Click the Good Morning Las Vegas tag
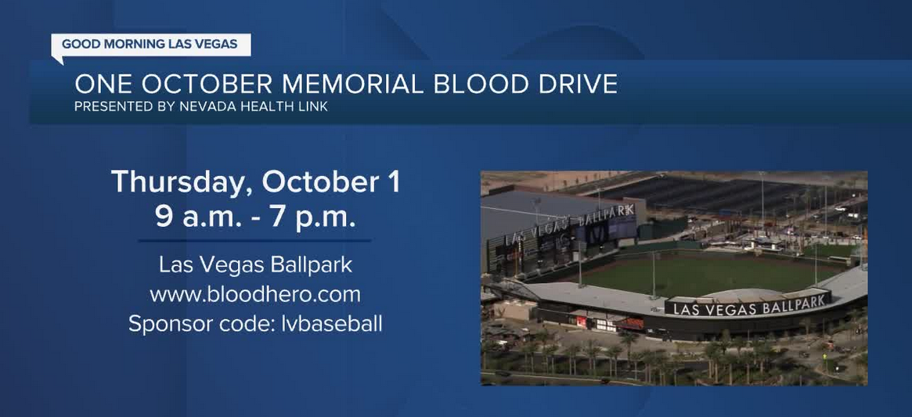pyautogui.click(x=150, y=45)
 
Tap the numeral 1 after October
pyautogui.click(x=394, y=182)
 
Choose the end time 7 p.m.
pyautogui.click(x=313, y=217)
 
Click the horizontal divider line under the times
pyautogui.click(x=255, y=241)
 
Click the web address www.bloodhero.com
pyautogui.click(x=255, y=294)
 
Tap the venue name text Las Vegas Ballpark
pyautogui.click(x=255, y=265)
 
